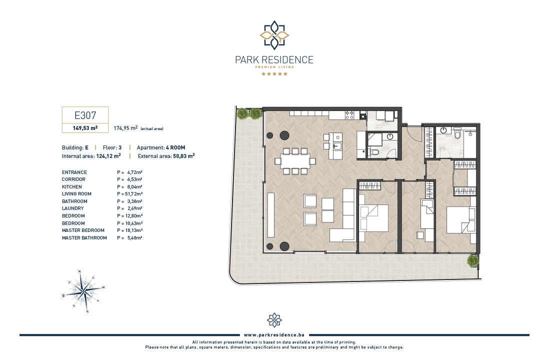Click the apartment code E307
(x=85, y=115)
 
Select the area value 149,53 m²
(x=85, y=128)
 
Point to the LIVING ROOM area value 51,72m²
(x=134, y=193)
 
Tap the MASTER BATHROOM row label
(x=84, y=237)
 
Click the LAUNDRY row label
(x=73, y=208)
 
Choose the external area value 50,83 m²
(x=184, y=156)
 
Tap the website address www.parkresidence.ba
(x=274, y=335)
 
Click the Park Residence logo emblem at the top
(x=274, y=35)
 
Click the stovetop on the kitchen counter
(x=349, y=115)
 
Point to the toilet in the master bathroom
(x=457, y=133)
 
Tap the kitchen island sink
(x=337, y=145)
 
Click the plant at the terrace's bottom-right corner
(x=473, y=260)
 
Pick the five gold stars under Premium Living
(x=274, y=73)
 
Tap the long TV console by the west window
(x=271, y=215)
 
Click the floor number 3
(x=120, y=147)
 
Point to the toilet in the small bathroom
(x=374, y=152)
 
